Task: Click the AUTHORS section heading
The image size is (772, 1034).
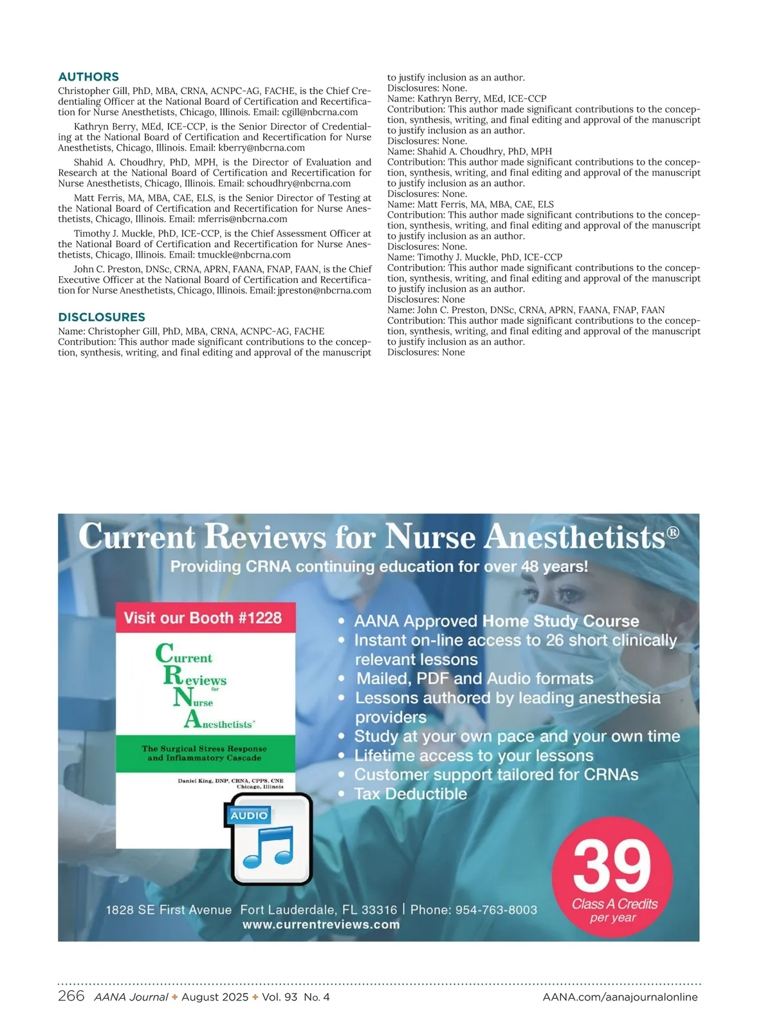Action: [88, 77]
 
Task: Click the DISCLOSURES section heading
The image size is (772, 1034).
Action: [102, 317]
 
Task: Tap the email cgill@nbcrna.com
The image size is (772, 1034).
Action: [320, 112]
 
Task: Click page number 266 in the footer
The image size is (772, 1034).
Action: [71, 996]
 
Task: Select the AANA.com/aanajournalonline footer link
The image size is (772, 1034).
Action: [620, 997]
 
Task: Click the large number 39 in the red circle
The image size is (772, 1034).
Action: [612, 865]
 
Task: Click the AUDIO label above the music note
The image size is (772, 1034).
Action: [249, 815]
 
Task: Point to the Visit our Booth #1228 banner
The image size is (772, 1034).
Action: [203, 618]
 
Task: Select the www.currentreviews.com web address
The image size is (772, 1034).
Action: [321, 925]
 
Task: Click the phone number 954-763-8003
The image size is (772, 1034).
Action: [496, 910]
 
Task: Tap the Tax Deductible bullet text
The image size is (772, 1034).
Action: [410, 794]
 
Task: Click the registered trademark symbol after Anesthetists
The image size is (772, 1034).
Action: [673, 532]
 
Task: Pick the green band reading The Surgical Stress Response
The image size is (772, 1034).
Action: [205, 753]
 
